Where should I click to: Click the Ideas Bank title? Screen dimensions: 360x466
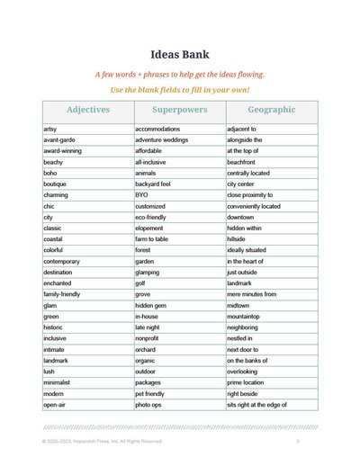coord(180,53)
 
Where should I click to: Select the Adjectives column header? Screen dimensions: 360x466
coord(88,110)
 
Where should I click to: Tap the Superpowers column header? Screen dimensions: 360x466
coord(180,110)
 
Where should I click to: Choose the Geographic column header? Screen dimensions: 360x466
coord(271,110)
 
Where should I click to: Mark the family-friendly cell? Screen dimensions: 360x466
coord(65,294)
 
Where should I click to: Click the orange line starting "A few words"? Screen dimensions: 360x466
coord(180,75)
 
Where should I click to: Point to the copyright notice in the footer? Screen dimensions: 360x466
coord(102,443)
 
